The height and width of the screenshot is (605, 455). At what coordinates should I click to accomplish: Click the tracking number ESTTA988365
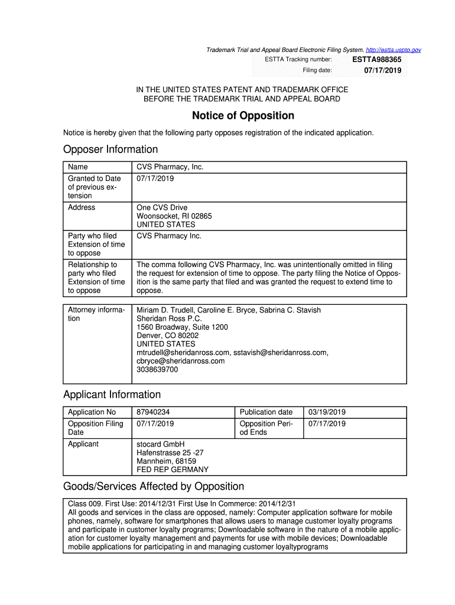(x=376, y=60)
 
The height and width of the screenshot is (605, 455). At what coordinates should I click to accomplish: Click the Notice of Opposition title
(x=243, y=116)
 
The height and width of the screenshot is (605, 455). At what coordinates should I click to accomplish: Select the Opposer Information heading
(x=110, y=149)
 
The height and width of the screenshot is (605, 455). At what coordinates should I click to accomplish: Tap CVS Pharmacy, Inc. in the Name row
(x=170, y=167)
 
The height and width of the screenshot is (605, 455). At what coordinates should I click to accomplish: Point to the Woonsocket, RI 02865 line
(x=174, y=216)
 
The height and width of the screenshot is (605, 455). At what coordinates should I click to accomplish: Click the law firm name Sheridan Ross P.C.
(x=170, y=318)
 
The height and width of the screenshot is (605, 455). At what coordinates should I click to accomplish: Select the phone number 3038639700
(x=157, y=370)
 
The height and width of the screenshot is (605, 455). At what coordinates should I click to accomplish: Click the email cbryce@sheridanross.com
(x=181, y=361)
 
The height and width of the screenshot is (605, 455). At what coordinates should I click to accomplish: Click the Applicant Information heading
(x=112, y=395)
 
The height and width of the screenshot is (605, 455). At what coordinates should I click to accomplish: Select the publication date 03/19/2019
(x=327, y=412)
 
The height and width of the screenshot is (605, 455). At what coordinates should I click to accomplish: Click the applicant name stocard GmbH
(x=161, y=444)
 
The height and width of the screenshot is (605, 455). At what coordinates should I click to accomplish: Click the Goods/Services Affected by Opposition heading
(x=154, y=487)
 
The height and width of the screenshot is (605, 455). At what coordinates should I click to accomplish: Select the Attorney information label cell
(x=96, y=314)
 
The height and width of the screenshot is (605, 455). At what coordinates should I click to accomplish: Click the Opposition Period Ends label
(x=266, y=428)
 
